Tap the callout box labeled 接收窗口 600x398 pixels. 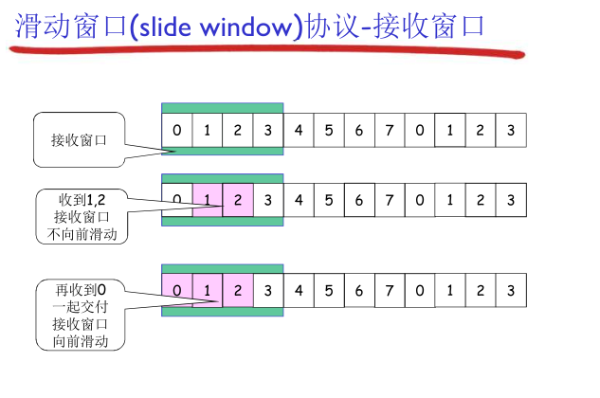(x=79, y=139)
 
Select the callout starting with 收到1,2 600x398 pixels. (x=82, y=216)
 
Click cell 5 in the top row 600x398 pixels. (x=329, y=130)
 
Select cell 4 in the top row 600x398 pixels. (x=299, y=130)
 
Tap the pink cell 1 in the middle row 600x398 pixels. (x=208, y=200)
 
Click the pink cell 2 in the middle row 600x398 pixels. (x=238, y=200)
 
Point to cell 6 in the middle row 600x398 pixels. (x=359, y=200)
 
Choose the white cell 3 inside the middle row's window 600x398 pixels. (x=268, y=200)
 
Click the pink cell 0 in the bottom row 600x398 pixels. (x=177, y=288)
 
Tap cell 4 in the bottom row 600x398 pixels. (x=299, y=288)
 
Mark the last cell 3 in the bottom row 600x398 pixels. (x=511, y=288)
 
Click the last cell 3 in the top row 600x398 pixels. (x=511, y=130)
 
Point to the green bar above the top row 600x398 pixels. (x=223, y=107)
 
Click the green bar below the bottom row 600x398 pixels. (x=223, y=311)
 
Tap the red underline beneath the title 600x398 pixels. (x=265, y=52)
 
